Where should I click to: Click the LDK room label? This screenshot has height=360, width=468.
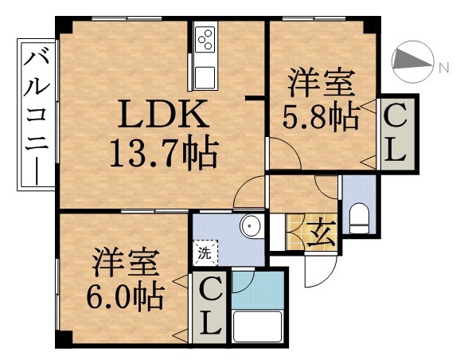click(x=164, y=117)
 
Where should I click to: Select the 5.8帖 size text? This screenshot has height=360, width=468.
click(x=320, y=117)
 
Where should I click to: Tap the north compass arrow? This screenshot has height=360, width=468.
click(x=412, y=61)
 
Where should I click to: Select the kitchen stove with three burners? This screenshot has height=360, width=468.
click(x=205, y=39)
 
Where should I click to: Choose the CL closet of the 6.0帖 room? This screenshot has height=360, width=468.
click(x=209, y=307)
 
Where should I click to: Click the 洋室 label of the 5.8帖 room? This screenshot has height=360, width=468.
click(x=320, y=83)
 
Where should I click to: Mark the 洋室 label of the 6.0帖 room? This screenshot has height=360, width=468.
click(x=126, y=261)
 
